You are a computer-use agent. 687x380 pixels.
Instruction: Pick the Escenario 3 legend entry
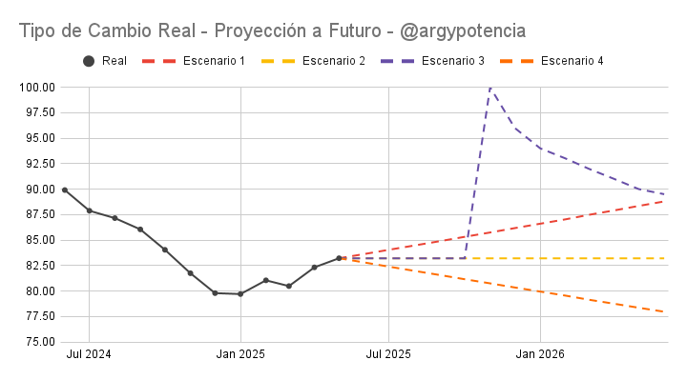(432, 62)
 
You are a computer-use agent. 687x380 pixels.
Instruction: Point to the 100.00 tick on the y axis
(36, 88)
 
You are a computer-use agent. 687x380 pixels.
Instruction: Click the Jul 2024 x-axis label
(89, 354)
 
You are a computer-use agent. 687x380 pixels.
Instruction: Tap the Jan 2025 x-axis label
(240, 354)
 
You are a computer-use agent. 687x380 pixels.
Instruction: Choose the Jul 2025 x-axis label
(388, 354)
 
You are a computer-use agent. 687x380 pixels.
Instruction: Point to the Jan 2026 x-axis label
(540, 354)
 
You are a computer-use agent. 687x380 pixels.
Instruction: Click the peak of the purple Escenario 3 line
(489, 88)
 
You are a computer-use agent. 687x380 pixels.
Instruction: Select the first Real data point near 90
(65, 190)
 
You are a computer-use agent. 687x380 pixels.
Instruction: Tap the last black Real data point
(339, 258)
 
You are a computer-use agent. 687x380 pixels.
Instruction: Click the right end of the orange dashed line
(664, 311)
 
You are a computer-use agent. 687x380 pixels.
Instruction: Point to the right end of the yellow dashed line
(664, 258)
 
